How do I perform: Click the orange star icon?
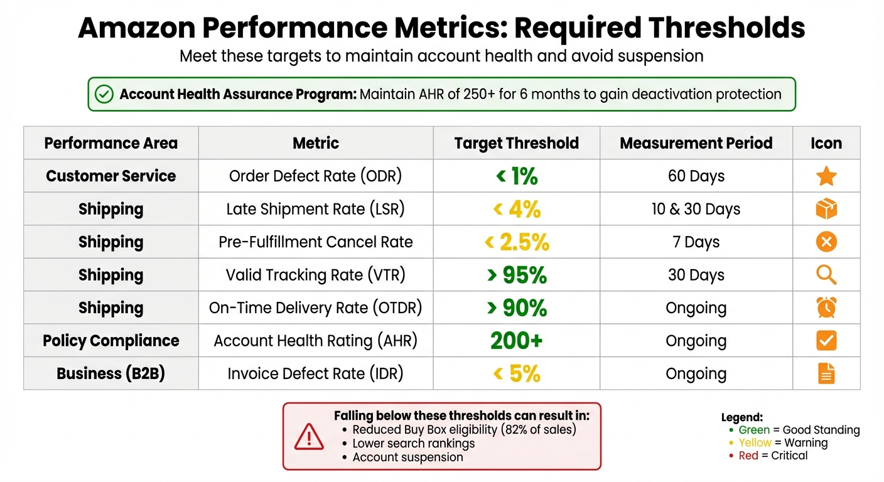click(826, 176)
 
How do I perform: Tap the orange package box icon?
click(826, 209)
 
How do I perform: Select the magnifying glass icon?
click(826, 275)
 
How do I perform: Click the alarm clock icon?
click(826, 308)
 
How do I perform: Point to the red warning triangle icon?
click(309, 436)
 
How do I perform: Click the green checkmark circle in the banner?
click(104, 94)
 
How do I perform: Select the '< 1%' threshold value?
click(517, 176)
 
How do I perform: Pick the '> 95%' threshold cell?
click(517, 275)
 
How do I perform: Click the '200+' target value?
click(517, 341)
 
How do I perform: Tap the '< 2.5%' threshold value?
click(517, 242)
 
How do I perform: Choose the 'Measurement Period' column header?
click(696, 143)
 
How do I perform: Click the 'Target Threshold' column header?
click(517, 143)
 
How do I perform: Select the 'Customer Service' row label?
click(111, 176)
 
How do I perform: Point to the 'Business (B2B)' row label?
click(111, 373)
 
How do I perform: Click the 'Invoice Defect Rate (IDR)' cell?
click(315, 373)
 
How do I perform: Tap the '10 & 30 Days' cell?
click(696, 209)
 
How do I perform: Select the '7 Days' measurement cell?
click(696, 242)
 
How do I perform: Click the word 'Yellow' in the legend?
click(755, 443)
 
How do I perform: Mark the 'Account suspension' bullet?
click(407, 457)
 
